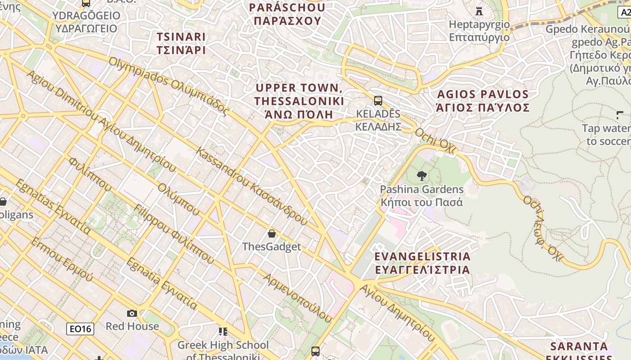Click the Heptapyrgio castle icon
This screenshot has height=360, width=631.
[x=479, y=10]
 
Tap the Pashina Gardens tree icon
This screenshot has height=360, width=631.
[x=422, y=176]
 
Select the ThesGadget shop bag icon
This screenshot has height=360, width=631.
[x=271, y=233]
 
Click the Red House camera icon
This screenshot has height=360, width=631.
[x=132, y=313]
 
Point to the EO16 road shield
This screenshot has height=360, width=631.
[x=81, y=329]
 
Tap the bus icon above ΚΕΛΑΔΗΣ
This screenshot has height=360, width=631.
[x=378, y=100]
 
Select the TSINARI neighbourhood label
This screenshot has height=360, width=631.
[x=181, y=43]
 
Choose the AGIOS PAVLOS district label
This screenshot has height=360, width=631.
[x=483, y=101]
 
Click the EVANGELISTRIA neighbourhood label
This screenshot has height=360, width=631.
[x=422, y=263]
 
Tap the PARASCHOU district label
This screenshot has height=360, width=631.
[x=287, y=14]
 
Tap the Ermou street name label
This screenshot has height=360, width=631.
[x=62, y=259]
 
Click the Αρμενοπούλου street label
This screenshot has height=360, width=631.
[x=297, y=297]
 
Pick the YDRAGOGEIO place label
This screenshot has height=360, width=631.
[x=86, y=22]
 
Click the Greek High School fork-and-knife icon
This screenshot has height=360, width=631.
[x=223, y=332]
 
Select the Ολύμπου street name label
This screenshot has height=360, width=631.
[x=178, y=199]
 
